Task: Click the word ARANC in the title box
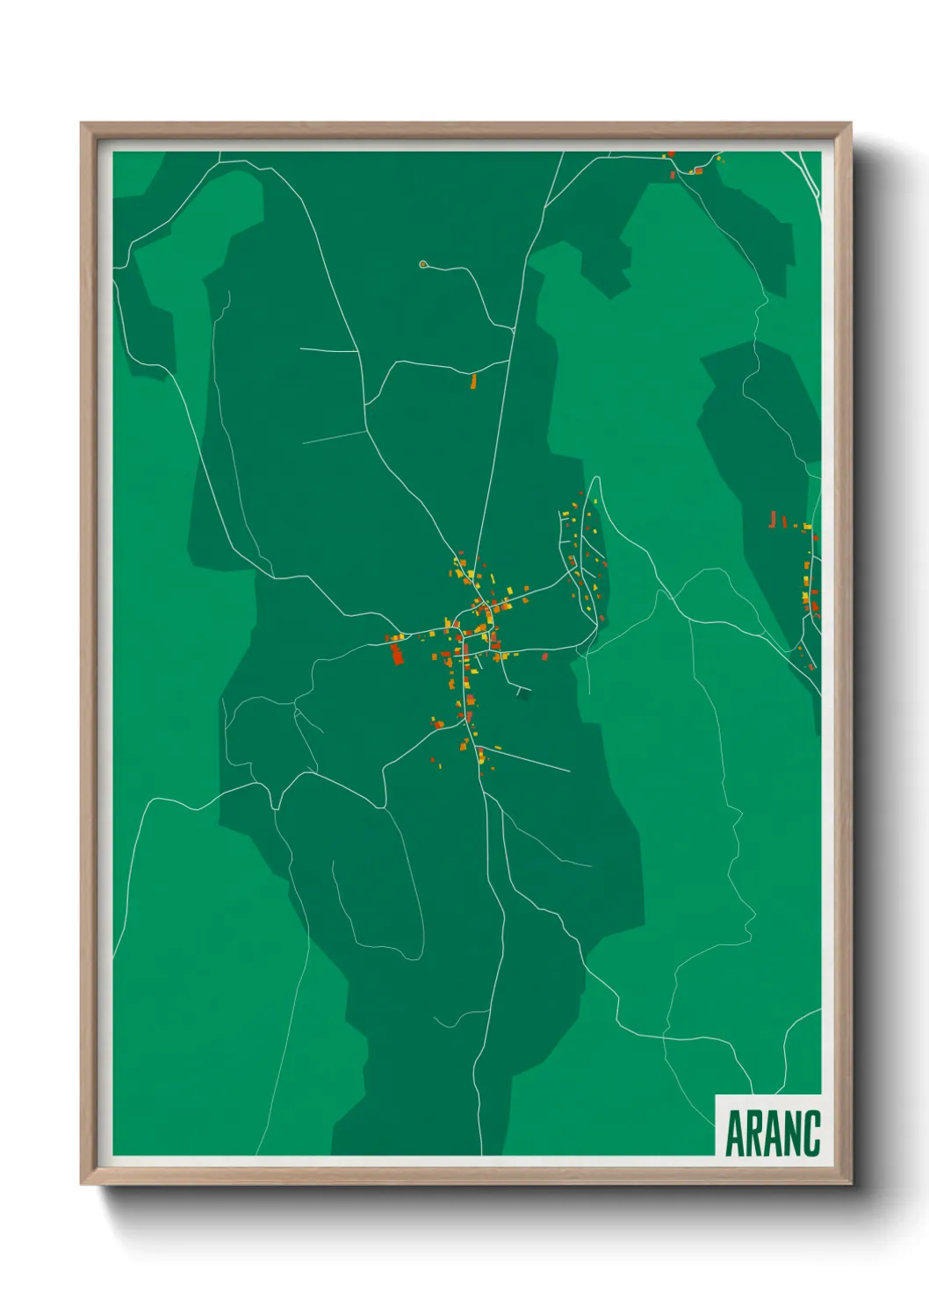pyautogui.click(x=773, y=1133)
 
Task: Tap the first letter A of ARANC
pyautogui.click(x=735, y=1133)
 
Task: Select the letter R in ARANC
pyautogui.click(x=754, y=1133)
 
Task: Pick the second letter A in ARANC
pyautogui.click(x=773, y=1133)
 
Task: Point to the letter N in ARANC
pyautogui.click(x=792, y=1133)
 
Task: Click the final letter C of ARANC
pyautogui.click(x=811, y=1133)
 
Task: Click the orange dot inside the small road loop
pyautogui.click(x=423, y=263)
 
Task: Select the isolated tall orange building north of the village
pyautogui.click(x=473, y=381)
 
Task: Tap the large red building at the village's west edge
pyautogui.click(x=397, y=653)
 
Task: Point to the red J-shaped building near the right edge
pyautogui.click(x=773, y=520)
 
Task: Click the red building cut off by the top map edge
pyautogui.click(x=671, y=154)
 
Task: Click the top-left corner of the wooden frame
pyautogui.click(x=82, y=124)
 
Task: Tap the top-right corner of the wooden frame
pyautogui.click(x=850, y=124)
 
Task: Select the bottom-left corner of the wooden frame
pyautogui.click(x=82, y=1183)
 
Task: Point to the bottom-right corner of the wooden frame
pyautogui.click(x=850, y=1183)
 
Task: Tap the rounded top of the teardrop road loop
pyautogui.click(x=596, y=480)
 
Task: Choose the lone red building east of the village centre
pyautogui.click(x=544, y=656)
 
